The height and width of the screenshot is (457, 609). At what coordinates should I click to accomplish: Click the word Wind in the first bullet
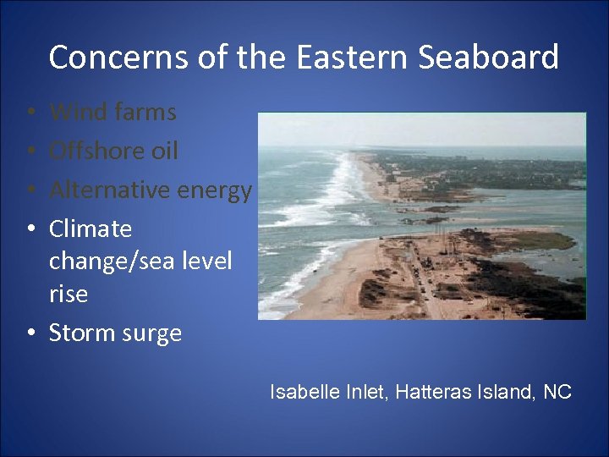pyautogui.click(x=72, y=112)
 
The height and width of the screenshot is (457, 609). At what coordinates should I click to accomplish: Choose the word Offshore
pyautogui.click(x=91, y=151)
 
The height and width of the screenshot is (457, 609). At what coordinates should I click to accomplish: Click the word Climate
pyautogui.click(x=91, y=228)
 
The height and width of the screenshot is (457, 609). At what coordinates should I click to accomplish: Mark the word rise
pyautogui.click(x=69, y=294)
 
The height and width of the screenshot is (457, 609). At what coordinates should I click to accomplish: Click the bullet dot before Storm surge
pyautogui.click(x=30, y=333)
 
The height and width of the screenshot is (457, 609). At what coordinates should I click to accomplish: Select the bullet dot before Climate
pyautogui.click(x=30, y=229)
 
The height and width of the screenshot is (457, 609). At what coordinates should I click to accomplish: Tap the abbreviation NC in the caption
pyautogui.click(x=557, y=392)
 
